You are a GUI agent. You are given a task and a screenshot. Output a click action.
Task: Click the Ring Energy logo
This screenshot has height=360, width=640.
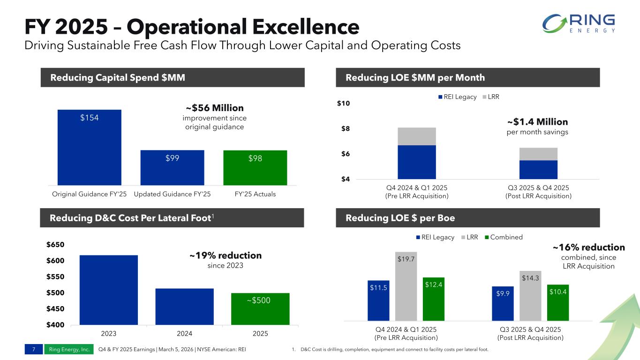pos(579,23)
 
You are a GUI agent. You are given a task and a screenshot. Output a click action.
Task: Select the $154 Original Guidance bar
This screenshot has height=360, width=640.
pos(90,148)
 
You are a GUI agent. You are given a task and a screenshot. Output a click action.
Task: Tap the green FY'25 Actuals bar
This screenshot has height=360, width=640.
pos(255,168)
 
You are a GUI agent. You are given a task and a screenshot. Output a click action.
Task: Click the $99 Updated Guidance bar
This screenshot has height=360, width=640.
pos(172,168)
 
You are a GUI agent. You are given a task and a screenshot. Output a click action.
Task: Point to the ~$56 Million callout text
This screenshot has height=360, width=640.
pos(215,108)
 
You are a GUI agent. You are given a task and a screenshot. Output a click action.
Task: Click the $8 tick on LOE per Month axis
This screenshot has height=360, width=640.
pos(346,128)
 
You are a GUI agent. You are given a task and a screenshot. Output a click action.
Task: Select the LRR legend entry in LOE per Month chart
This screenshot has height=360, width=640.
pos(491,97)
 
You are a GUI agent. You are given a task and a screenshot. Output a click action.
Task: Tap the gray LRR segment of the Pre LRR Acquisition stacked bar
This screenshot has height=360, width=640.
pos(417,136)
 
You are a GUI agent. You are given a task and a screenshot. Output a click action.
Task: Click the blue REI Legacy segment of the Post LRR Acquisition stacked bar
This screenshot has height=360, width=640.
pos(538,170)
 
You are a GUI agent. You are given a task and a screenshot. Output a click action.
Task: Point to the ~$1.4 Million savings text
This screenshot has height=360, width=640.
pos(537,122)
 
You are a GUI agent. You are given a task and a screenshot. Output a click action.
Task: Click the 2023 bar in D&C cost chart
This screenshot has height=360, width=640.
pos(109,290)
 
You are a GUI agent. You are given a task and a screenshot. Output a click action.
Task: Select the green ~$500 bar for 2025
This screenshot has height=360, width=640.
pos(260,309)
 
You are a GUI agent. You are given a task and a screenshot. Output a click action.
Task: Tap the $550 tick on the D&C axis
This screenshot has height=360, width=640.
pos(55,277)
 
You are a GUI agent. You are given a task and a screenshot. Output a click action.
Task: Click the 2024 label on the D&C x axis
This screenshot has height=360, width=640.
pos(184,333)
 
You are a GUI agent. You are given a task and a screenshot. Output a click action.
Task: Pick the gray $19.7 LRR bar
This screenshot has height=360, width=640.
pos(406,286)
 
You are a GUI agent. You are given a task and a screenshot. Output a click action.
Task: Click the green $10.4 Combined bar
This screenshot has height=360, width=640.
pos(558,302)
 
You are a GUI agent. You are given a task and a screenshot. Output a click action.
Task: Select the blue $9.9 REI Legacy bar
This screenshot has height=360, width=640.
pos(503,303)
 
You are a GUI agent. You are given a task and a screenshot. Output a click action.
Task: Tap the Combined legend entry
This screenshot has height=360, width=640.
pos(504,237)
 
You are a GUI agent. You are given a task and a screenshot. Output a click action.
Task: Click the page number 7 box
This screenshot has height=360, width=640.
pos(34,349)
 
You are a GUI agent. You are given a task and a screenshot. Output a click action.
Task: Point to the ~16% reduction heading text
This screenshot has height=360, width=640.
pos(589,247)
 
